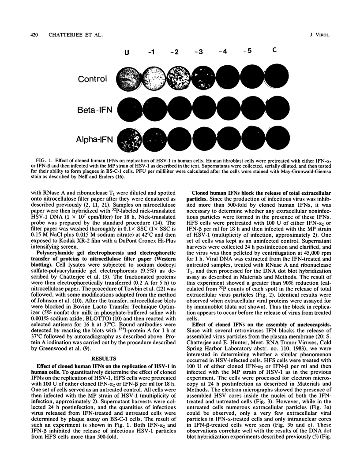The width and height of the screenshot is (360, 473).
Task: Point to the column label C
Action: point(274,50)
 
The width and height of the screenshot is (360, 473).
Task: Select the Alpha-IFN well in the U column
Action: point(129,140)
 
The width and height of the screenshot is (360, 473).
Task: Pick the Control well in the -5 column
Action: point(251,79)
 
